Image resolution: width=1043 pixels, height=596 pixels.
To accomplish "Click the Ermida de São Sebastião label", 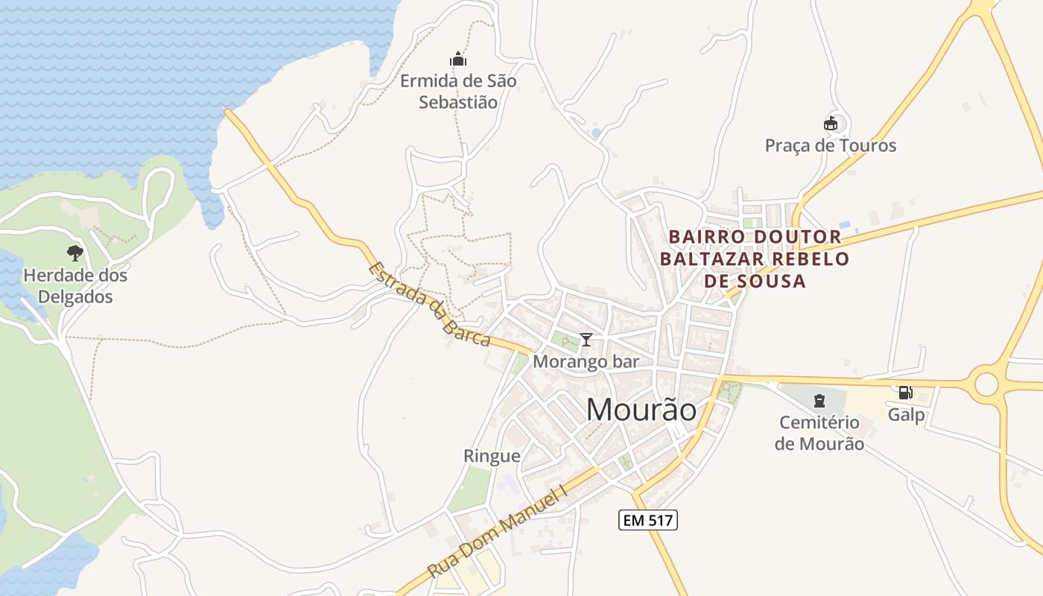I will coord(457,91).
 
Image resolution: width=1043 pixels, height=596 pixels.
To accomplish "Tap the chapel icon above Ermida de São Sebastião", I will coord(457,59).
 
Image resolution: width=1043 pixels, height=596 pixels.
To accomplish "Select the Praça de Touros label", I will coord(831,145).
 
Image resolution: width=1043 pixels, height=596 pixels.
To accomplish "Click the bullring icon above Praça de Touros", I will coord(831,123).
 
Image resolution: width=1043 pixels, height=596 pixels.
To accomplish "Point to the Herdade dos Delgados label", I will coord(75,286).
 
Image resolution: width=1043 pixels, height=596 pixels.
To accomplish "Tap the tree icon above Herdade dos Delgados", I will coord(74,253).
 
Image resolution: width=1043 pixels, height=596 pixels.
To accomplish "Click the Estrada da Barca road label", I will coord(430,304).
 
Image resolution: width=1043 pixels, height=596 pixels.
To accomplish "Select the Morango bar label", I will coord(586,362).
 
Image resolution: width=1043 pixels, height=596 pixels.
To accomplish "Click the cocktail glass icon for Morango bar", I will coord(586,340).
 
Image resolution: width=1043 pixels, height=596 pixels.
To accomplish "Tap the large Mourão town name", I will coord(641,410).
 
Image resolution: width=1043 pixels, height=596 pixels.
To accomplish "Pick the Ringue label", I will coord(492,456).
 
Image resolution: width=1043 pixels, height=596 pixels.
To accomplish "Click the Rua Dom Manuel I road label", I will coord(498,530).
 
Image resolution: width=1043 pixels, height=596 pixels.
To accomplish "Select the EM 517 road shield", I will coord(648,520).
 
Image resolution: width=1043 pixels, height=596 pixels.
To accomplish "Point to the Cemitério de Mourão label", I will coord(819,433).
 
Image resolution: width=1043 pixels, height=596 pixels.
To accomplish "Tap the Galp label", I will coord(906,415).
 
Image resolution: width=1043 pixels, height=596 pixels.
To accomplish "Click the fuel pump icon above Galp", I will coord(906,393).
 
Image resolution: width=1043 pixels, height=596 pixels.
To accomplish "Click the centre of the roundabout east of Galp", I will coord(986,384).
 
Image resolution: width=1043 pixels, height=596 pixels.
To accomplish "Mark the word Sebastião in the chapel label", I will coord(457,102).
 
